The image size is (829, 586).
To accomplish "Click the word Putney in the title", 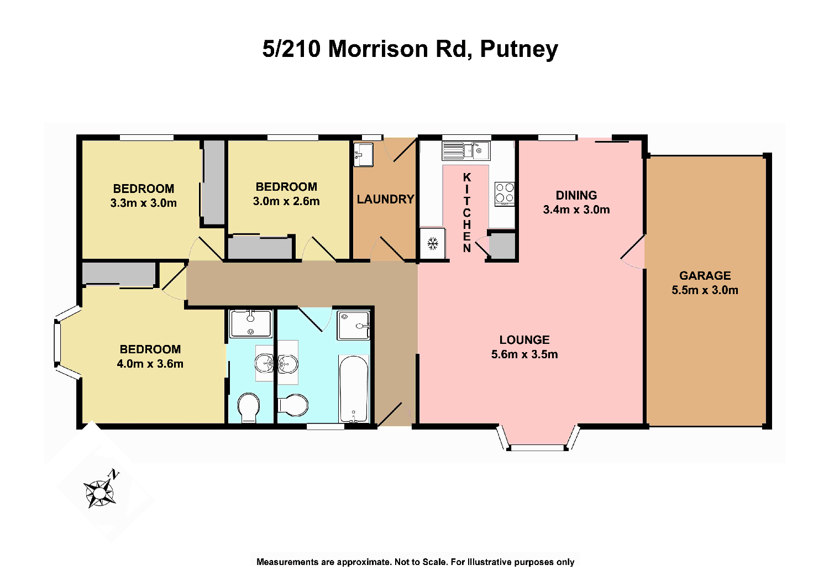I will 518,49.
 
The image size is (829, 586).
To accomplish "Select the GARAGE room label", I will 705,275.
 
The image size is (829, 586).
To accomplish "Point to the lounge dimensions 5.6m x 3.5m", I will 524,354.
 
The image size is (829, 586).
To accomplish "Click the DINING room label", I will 576,195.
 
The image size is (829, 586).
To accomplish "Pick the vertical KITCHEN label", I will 467,213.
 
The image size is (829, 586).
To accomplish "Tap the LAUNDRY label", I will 385,199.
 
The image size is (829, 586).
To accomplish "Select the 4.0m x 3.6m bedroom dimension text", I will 150,364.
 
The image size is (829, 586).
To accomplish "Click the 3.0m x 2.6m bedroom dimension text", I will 286,201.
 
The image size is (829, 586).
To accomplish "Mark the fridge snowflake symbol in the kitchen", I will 433,243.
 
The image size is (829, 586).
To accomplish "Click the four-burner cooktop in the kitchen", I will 504,193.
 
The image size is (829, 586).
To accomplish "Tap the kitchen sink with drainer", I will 465,150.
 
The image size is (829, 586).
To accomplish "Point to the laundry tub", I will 364,154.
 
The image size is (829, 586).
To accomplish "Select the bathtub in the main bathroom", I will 353,390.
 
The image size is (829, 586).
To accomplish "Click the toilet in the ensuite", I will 249,407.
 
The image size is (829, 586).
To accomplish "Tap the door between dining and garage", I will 633,253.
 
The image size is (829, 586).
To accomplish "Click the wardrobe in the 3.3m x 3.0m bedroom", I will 213,182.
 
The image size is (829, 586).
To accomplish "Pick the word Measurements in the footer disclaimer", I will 295,562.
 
